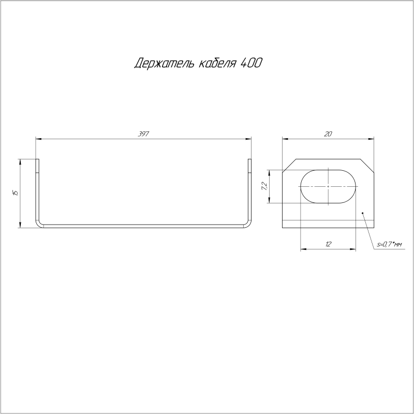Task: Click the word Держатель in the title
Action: (x=165, y=63)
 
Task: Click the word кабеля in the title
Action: (x=217, y=63)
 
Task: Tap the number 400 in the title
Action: (x=251, y=63)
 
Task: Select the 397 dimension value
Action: (x=143, y=134)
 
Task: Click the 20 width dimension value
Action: (x=328, y=134)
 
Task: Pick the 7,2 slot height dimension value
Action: (x=264, y=186)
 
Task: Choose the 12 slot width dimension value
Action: (x=328, y=244)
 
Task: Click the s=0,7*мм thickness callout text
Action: (x=390, y=245)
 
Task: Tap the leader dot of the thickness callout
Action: (x=363, y=213)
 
